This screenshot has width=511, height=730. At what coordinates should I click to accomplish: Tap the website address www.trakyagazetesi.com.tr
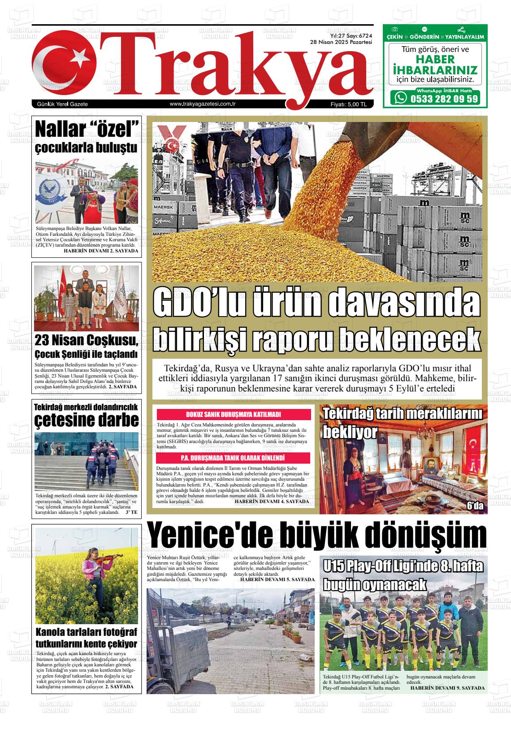[x=203, y=104]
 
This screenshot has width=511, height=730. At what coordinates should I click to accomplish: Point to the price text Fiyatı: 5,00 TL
[x=348, y=104]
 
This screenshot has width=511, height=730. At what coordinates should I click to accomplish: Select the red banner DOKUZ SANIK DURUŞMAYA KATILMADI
[x=233, y=415]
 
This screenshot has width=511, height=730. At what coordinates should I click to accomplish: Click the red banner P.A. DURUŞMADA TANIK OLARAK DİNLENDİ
[x=233, y=458]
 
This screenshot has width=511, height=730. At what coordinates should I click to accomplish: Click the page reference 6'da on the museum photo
[x=475, y=506]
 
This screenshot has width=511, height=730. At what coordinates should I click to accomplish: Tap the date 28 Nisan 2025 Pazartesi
[x=341, y=42]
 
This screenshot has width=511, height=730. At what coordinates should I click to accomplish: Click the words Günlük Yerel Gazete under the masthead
[x=62, y=104]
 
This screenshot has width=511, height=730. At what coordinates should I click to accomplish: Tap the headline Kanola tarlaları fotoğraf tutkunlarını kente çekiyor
[x=87, y=639]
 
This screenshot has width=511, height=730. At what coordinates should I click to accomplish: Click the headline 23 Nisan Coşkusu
[x=87, y=341]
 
